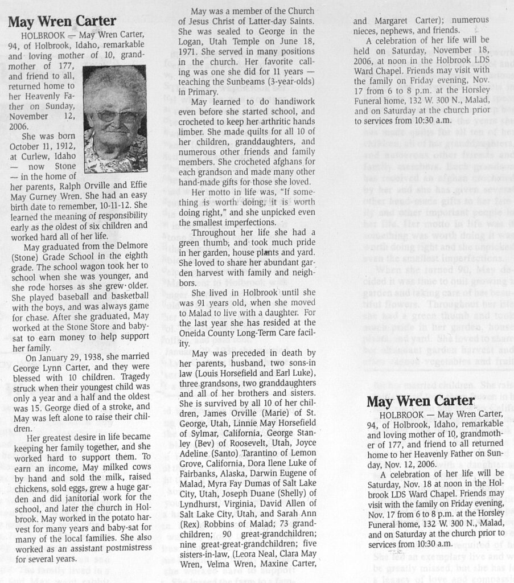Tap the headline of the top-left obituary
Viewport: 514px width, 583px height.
pos(62,22)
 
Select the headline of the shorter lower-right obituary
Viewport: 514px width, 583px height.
pos(420,401)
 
